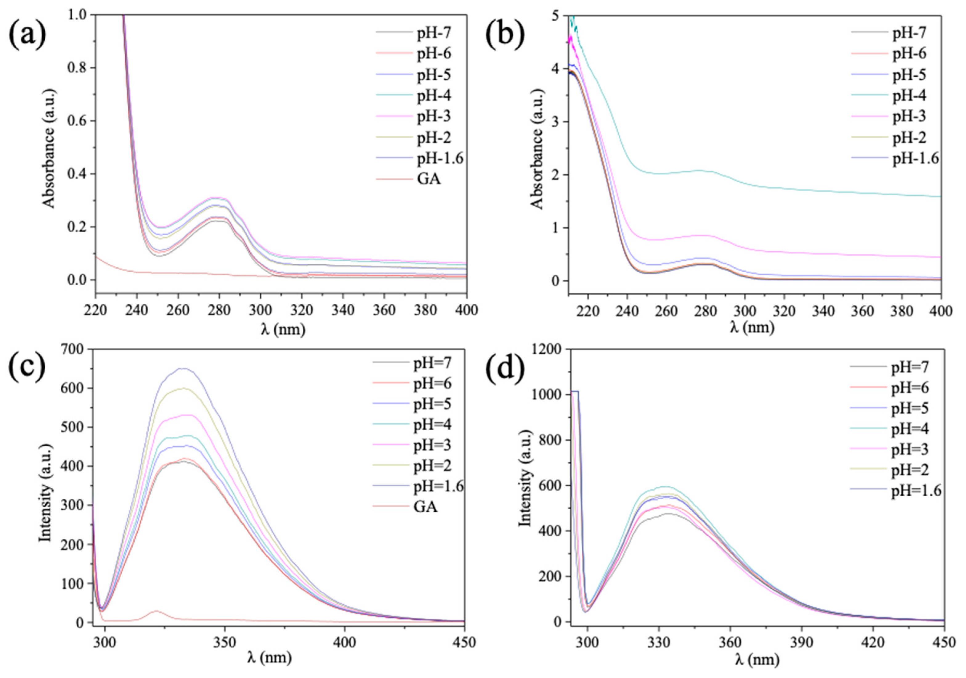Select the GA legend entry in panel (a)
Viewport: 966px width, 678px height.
point(429,179)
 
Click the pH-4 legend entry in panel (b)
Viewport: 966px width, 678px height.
point(909,95)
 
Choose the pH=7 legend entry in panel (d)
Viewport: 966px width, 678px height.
point(910,367)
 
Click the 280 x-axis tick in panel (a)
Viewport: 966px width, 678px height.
point(219,310)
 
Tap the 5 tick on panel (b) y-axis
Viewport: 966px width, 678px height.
point(559,16)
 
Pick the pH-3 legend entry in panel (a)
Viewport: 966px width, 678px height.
point(434,116)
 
